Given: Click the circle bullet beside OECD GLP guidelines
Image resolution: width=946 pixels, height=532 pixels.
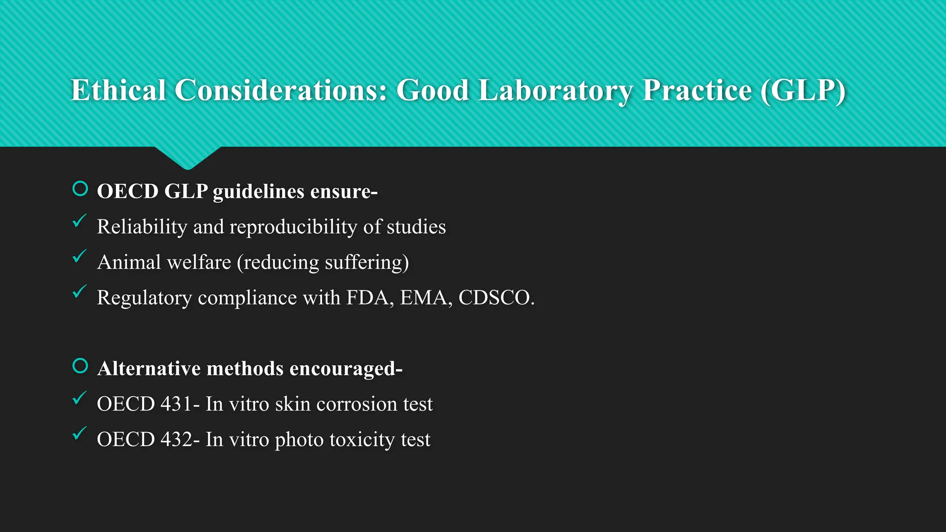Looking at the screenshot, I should [x=80, y=189].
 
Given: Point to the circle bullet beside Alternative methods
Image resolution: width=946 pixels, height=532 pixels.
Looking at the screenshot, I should [x=80, y=366].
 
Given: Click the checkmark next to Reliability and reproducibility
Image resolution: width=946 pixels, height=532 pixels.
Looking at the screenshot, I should [x=79, y=221].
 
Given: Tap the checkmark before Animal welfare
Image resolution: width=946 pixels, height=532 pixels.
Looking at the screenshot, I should [x=79, y=256].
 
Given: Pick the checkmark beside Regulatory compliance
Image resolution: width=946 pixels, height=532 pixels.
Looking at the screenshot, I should [x=79, y=292].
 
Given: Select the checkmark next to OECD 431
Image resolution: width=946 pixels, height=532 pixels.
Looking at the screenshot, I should [x=79, y=398].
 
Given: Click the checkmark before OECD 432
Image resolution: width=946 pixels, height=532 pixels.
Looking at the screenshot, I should [x=79, y=434].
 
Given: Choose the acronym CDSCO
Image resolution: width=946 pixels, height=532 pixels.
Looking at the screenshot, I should [x=496, y=298].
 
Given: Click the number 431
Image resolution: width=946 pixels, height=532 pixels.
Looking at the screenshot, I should [x=176, y=404].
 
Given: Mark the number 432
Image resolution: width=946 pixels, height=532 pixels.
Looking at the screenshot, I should [x=176, y=440].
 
